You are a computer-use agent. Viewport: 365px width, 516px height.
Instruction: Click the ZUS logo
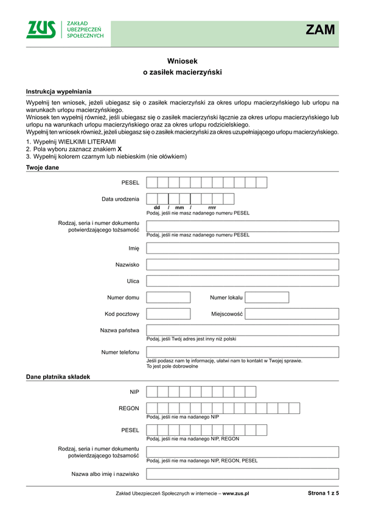click(41, 30)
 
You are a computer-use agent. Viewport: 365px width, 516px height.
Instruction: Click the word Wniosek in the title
click(182, 61)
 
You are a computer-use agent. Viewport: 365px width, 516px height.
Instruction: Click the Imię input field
click(243, 248)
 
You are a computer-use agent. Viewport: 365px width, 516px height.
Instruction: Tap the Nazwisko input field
click(243, 264)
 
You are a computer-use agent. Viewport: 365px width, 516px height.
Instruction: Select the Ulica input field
click(243, 281)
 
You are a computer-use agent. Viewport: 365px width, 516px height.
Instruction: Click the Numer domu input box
click(169, 297)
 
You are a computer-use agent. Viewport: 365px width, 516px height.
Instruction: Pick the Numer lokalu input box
click(266, 297)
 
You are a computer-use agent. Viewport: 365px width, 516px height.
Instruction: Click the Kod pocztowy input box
click(169, 314)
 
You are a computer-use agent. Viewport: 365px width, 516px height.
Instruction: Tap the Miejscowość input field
click(292, 314)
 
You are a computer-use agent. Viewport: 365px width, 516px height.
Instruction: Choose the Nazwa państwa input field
click(243, 330)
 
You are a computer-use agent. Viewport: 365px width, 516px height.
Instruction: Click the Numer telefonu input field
click(243, 352)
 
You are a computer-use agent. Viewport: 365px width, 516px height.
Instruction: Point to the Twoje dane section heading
click(43, 167)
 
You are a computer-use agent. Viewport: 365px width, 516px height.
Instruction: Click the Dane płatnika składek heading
click(58, 377)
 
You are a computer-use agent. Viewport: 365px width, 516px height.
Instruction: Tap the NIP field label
click(134, 392)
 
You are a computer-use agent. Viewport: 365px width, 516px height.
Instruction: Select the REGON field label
click(129, 408)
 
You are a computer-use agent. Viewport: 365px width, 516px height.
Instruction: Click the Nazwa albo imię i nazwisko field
click(243, 473)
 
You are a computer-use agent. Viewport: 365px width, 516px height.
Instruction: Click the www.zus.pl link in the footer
click(236, 494)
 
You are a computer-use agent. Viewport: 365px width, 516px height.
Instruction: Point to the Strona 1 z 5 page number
click(323, 493)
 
